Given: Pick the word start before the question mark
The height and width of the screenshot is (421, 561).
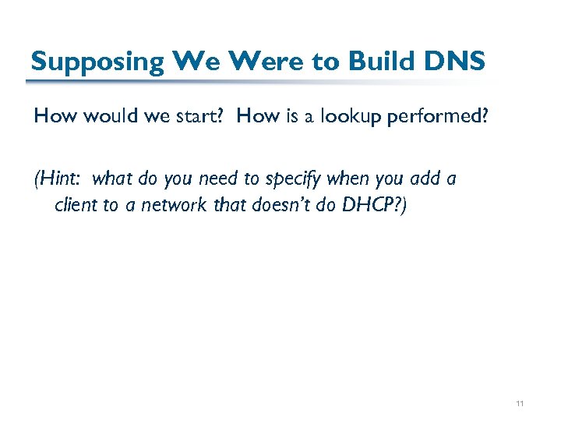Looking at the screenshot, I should (201, 117).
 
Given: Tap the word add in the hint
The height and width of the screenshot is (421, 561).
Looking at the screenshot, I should (424, 179).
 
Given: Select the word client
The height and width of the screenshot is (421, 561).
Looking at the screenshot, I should (76, 205).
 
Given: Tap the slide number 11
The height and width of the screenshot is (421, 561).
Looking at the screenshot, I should (520, 404).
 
